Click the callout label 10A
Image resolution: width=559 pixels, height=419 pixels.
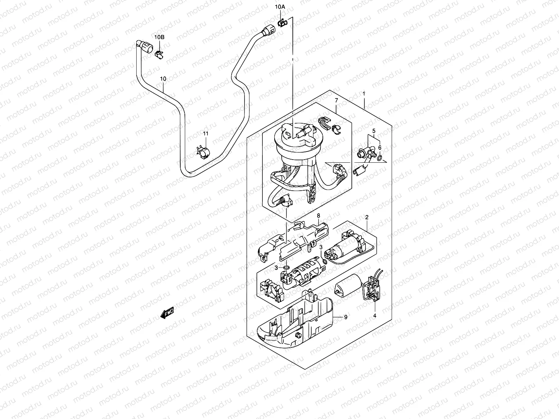pos(280,7)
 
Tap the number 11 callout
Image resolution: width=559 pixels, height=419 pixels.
pos(205,134)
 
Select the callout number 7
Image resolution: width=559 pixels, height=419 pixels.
pos(336,101)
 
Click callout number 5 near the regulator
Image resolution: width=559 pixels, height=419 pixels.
pos(373,132)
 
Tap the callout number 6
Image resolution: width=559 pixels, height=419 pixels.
pos(380,148)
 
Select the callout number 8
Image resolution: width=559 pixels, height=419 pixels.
pos(318,216)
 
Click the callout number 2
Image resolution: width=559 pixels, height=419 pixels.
pos(366,217)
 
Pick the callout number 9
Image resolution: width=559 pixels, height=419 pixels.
pos(346,317)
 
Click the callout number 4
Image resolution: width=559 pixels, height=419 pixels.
pos(375,316)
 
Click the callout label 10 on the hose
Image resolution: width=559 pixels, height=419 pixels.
pos(163,79)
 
